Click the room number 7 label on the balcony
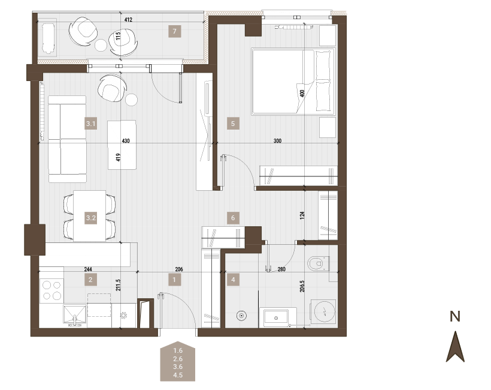[174, 31]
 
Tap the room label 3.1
[91, 124]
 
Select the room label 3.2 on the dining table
[91, 218]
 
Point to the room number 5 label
[233, 124]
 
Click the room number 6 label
[233, 218]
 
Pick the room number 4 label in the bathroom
[233, 280]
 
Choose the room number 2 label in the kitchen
[91, 280]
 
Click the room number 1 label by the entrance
[174, 280]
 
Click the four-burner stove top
[51, 290]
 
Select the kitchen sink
[75, 315]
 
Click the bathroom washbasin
[276, 318]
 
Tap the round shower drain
[241, 316]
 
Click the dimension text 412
[128, 20]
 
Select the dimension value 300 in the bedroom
[277, 141]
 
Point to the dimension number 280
[281, 269]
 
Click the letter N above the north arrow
[455, 316]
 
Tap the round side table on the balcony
[101, 45]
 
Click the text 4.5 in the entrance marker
[178, 375]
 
